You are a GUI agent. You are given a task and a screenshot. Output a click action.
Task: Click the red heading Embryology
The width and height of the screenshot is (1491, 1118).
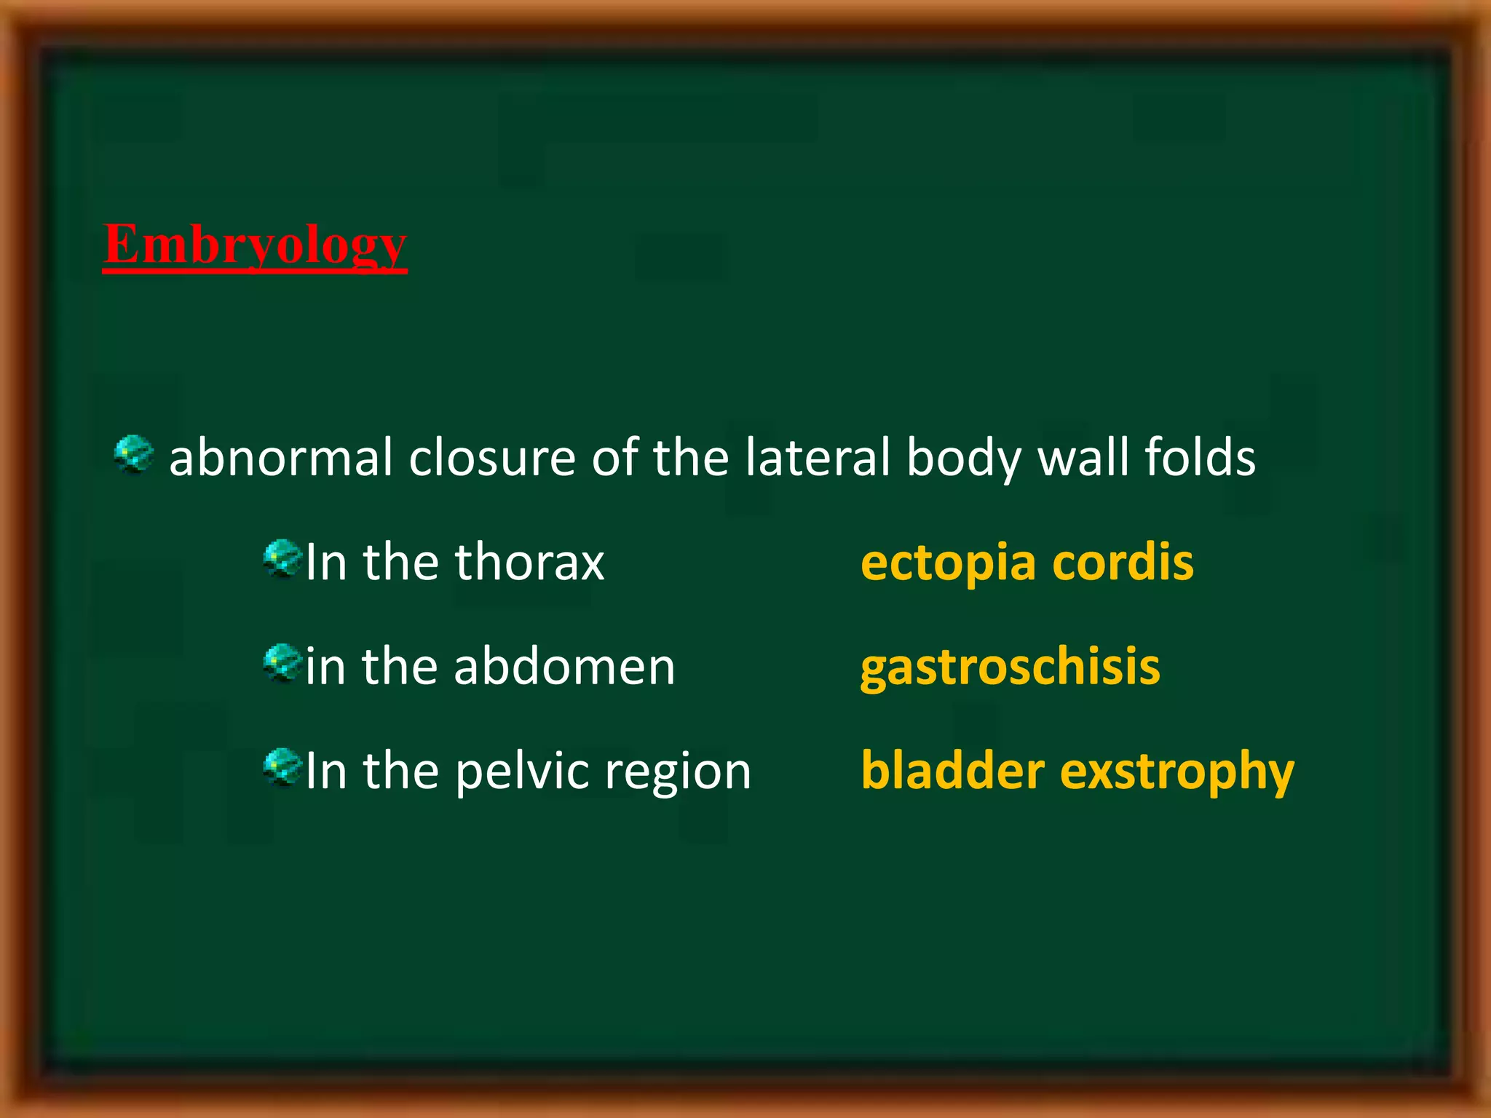point(255,245)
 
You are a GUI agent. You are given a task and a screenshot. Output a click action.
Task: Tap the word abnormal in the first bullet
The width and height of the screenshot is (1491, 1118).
point(281,458)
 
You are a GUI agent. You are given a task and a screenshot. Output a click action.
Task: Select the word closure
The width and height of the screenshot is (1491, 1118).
point(492,458)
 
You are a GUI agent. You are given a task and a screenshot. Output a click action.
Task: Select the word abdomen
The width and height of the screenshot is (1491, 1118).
point(564,667)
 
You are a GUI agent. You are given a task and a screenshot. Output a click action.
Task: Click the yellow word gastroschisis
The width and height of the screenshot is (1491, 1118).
point(1010,668)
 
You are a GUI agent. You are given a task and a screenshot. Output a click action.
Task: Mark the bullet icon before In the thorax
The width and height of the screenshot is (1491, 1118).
point(282,558)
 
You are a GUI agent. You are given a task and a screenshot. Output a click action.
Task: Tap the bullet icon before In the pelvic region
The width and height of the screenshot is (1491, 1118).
point(282,767)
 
